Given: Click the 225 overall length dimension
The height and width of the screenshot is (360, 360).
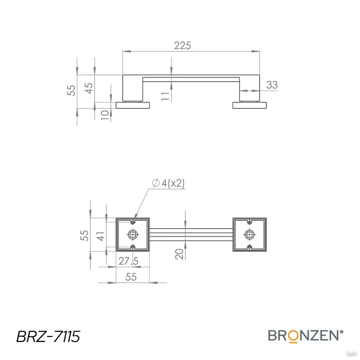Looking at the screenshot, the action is [x=183, y=45].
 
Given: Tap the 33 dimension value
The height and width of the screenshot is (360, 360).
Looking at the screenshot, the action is [x=272, y=85].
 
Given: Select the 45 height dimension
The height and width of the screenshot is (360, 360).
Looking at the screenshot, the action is [x=89, y=88].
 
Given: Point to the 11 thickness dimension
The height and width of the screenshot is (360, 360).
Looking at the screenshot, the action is [x=165, y=96].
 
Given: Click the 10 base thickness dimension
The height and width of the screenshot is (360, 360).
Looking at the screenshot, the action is [x=105, y=115].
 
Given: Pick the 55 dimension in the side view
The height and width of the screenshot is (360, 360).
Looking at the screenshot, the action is [x=71, y=90].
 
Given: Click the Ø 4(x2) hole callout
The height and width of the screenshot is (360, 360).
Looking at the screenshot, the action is [x=168, y=184].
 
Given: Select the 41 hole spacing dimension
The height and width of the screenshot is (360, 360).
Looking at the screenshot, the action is [x=100, y=236].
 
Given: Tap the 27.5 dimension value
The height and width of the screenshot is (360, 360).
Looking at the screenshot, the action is [x=129, y=261].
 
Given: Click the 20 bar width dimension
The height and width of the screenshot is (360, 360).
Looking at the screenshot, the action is [x=179, y=254].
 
